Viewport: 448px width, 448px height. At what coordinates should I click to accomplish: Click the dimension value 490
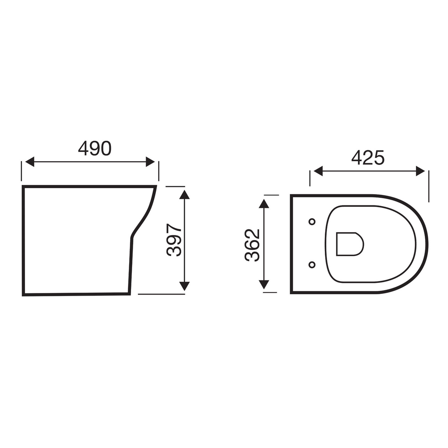point(94,149)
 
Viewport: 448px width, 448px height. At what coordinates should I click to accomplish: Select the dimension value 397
point(174,240)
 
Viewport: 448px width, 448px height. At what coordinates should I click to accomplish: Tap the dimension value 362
point(252,245)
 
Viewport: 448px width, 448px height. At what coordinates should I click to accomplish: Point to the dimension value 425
point(368,158)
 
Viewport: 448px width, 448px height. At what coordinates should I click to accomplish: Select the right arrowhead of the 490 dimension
point(150,162)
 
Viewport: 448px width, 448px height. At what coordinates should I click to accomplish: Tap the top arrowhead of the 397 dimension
point(184,195)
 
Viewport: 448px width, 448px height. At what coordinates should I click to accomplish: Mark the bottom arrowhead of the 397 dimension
point(184,286)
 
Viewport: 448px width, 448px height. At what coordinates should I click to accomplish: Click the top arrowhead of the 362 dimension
point(264,204)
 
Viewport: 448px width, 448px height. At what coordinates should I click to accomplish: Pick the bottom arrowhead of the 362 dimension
point(264,285)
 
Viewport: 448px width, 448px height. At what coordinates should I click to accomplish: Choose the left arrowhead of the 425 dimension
point(318,171)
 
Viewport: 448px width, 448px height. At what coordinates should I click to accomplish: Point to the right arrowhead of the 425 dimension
point(420,171)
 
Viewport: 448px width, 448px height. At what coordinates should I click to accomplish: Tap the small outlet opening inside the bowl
point(349,245)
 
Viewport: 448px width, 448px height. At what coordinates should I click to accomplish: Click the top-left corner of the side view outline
point(23,186)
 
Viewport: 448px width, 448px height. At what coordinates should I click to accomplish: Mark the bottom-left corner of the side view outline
point(23,295)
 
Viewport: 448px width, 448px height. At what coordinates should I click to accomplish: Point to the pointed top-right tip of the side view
point(156,186)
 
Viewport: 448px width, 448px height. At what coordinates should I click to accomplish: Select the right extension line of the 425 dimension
point(429,186)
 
